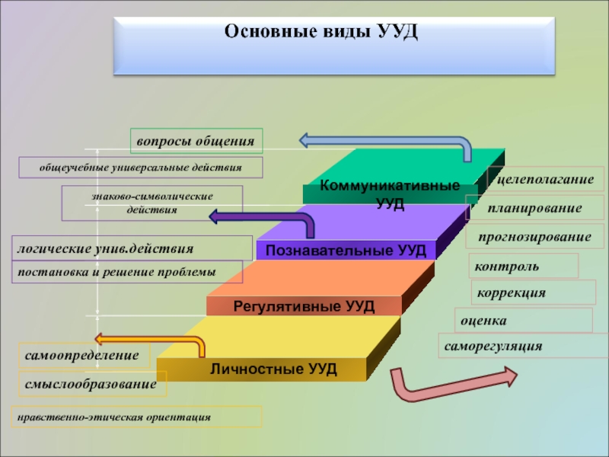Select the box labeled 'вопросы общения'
[196, 141]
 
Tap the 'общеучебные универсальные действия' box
[140, 167]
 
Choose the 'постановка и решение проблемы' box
[128, 272]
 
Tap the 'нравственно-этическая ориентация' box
[136, 417]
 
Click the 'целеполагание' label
[545, 178]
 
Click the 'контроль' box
[524, 267]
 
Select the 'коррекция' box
[534, 292]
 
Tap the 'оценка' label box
[523, 321]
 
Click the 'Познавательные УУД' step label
[346, 250]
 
